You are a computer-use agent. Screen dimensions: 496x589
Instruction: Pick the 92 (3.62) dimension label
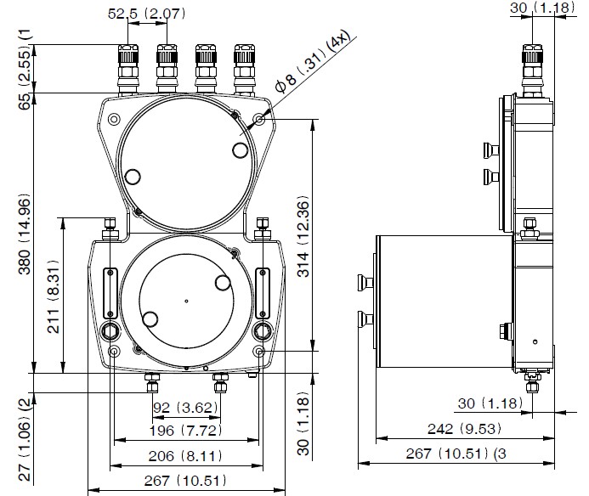186,407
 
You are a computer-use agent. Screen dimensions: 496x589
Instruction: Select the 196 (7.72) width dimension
186,431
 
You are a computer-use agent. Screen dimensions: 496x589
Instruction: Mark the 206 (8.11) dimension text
186,455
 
